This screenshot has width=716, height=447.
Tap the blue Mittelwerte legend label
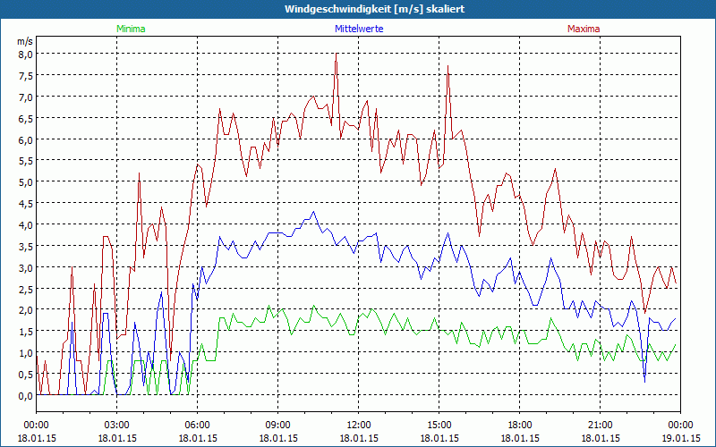tap(359, 29)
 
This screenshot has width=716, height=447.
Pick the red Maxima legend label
tap(584, 29)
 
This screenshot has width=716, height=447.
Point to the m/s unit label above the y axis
tap(25, 41)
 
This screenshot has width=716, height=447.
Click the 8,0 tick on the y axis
tap(25, 54)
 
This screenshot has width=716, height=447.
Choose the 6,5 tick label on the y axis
tap(25, 118)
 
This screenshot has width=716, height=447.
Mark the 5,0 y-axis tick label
tap(25, 181)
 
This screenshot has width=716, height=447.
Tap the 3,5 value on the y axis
tap(25, 246)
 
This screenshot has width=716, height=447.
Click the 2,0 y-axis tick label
tap(25, 309)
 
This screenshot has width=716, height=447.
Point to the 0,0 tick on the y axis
tap(25, 395)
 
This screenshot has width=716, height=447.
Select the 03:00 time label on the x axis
tap(116, 425)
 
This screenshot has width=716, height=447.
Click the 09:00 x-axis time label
tap(277, 425)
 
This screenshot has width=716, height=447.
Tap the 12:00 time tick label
tap(358, 425)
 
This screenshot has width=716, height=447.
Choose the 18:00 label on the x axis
tap(519, 425)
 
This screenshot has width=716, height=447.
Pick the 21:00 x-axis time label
tap(600, 425)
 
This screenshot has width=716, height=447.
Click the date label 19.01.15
tap(680, 437)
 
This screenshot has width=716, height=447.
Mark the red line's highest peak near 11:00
tap(336, 55)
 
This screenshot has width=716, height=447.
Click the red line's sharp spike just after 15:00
tap(447, 65)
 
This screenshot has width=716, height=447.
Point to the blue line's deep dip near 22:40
tap(644, 381)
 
